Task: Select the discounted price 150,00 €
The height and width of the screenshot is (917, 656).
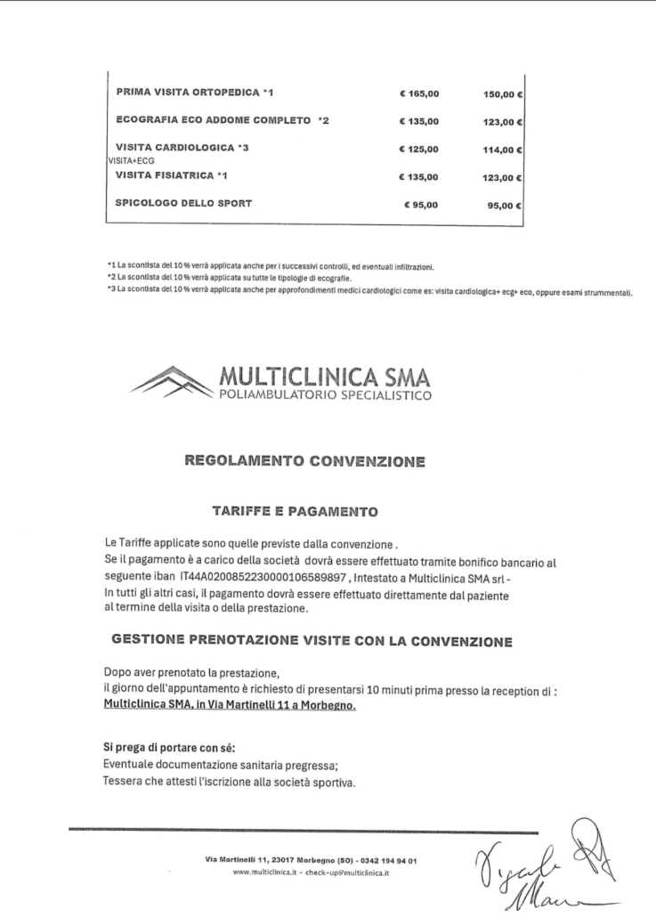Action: click(502, 93)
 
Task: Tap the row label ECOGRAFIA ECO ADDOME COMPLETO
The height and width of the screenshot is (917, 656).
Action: click(223, 120)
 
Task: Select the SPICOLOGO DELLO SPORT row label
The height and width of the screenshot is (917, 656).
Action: click(183, 203)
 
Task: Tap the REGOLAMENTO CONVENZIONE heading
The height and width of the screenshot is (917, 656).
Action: click(304, 461)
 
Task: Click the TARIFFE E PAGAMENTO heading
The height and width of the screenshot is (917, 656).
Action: click(295, 512)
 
